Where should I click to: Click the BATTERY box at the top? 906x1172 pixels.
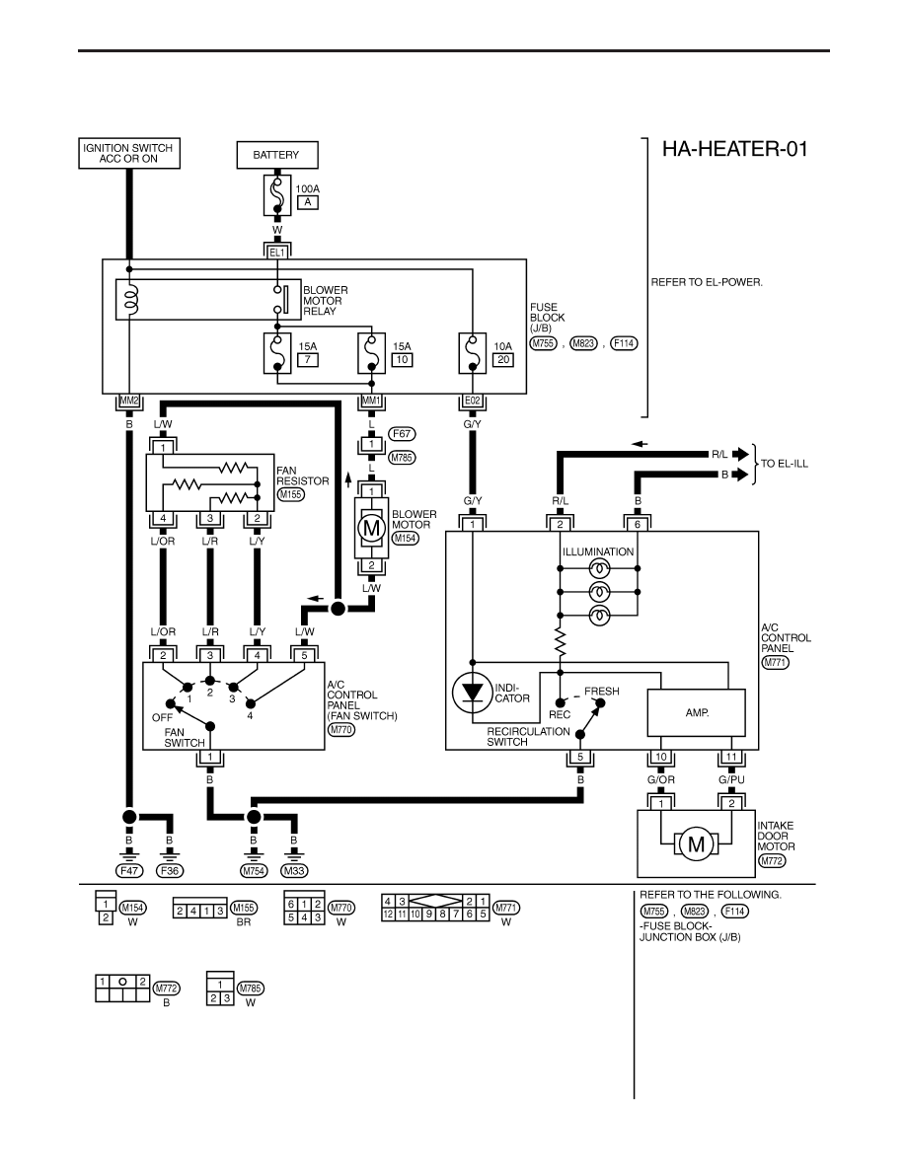277,155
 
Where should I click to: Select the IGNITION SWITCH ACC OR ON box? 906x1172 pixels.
128,153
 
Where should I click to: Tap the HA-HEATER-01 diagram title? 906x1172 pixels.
735,149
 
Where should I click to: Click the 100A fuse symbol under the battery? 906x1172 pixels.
277,196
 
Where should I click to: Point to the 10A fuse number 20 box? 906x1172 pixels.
503,359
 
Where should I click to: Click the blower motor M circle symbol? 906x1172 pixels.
371,529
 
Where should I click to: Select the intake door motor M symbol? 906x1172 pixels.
696,844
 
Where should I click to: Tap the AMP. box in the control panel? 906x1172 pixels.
696,713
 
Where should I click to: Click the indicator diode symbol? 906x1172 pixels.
473,693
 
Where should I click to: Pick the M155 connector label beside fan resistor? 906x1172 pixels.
291,494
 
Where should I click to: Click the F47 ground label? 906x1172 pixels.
129,871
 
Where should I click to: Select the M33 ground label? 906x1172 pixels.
294,871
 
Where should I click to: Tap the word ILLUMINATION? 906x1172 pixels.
598,551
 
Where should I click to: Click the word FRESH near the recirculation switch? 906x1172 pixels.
602,692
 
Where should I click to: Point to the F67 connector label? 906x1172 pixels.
402,433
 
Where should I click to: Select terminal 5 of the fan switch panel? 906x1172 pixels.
304,655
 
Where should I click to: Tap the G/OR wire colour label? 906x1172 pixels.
661,779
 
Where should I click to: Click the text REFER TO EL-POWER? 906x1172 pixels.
708,282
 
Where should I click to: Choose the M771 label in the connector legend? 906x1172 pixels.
507,909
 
